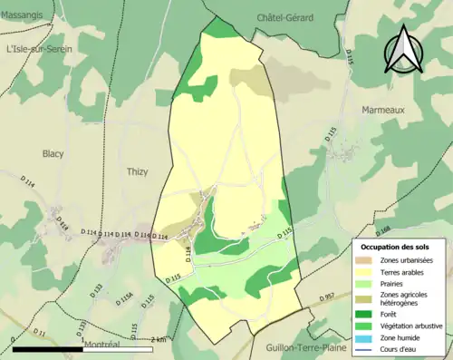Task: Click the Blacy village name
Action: (53, 153)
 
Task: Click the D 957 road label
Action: (333, 296)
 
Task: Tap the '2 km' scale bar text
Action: (158, 339)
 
